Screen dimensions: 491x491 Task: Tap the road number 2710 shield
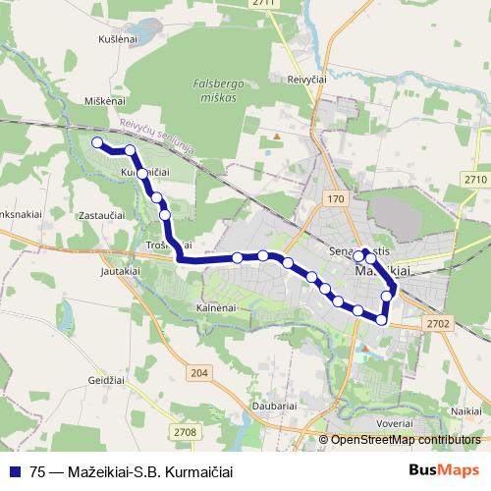(475, 179)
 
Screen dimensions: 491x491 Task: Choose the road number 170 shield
(337, 199)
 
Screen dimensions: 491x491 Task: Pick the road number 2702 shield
(438, 323)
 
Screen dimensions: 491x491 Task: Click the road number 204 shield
(200, 372)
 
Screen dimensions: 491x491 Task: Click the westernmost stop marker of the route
(97, 143)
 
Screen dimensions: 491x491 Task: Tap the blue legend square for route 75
(13, 470)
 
